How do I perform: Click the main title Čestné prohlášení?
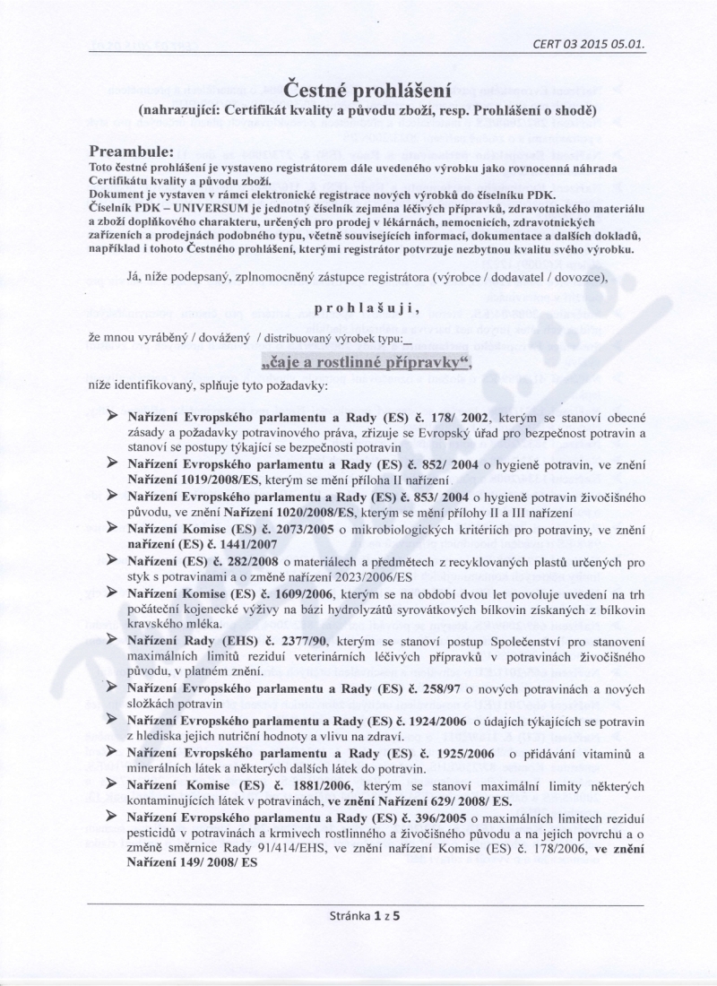[358, 90]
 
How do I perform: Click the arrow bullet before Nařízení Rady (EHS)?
[113, 641]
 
